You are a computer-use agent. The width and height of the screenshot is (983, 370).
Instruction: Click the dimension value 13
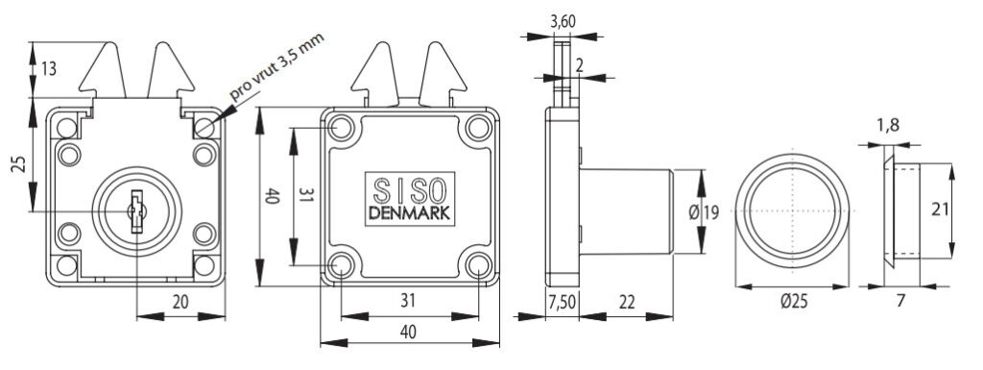pos(49,69)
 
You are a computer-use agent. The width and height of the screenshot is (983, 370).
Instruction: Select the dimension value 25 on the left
pos(19,165)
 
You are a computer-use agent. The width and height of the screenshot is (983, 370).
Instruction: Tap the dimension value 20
pos(180,302)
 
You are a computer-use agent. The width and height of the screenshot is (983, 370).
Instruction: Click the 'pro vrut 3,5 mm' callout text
pos(276,67)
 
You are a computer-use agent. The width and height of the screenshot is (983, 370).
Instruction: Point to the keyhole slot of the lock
pos(136,211)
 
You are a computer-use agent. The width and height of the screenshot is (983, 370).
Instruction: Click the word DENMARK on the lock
pos(409,214)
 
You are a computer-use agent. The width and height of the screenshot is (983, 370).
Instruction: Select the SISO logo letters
pos(409,188)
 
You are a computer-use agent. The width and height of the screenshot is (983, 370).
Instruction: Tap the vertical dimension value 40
pos(273,196)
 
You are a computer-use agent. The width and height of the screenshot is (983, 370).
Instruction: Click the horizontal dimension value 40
pos(408,332)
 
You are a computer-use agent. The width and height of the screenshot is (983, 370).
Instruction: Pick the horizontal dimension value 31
pos(408,301)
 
